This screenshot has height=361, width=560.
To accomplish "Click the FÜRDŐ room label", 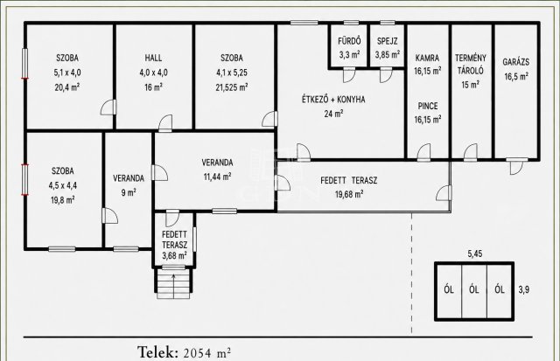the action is click(349, 41).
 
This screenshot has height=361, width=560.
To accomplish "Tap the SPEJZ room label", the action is click(387, 41).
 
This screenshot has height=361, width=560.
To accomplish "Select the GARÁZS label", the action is click(516, 62).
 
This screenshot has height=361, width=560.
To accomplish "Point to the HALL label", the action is click(153, 58).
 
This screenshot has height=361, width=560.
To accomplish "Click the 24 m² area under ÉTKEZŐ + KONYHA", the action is click(333, 114).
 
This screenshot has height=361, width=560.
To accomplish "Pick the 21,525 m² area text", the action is click(232, 87).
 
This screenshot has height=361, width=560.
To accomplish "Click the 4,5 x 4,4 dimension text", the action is click(63, 185).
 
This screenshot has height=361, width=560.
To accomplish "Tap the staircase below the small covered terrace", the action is click(173, 283).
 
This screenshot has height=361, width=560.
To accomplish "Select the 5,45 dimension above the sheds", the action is click(475, 253).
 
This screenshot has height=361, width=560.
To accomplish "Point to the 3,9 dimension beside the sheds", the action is click(523, 289).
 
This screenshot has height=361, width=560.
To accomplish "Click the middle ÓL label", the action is click(474, 289).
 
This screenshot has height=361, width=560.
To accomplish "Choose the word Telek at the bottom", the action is click(157, 352).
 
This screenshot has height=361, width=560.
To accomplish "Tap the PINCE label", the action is click(428, 106).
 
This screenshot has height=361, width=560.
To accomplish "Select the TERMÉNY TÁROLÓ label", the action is click(471, 64).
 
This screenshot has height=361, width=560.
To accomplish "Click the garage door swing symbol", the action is click(517, 167).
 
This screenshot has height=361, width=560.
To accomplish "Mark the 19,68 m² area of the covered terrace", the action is click(349, 194).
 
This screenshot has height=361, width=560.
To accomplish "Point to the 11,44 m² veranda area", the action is click(217, 177).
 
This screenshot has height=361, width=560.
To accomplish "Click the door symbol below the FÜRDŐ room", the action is click(349, 76).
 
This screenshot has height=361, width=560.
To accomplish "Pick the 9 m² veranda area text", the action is click(129, 192).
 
